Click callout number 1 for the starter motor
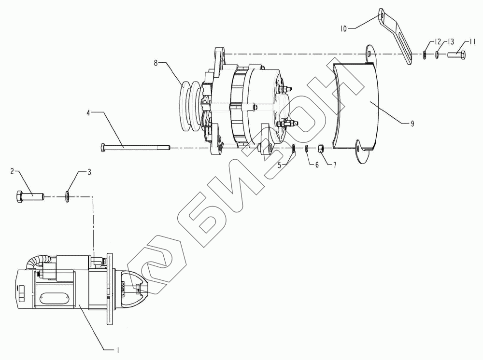point(117,350)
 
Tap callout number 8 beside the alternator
point(156,63)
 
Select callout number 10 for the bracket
point(343,28)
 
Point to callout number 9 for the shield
point(412,124)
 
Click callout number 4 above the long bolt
point(88,113)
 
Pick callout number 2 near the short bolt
point(13,171)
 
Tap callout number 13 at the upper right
point(451,42)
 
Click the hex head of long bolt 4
point(103,148)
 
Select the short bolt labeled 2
point(29,196)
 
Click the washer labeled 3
point(67,196)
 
